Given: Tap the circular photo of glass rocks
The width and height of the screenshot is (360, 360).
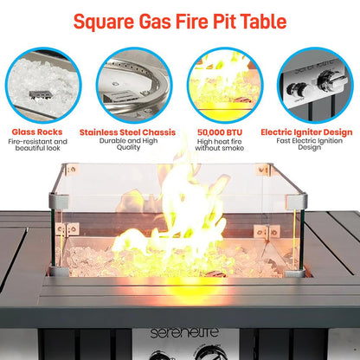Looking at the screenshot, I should point(42,85).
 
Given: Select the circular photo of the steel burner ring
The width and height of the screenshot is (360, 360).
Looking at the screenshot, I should point(132,85).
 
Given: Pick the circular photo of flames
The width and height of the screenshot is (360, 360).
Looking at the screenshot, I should point(225,85).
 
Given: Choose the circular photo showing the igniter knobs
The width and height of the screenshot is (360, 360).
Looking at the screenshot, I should point(315,85).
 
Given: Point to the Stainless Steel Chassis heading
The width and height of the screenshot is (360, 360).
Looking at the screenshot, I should point(132,132).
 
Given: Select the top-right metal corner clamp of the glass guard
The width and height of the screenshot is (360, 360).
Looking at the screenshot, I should point(300,202).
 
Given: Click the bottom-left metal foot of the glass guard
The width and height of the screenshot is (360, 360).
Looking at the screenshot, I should point(58,270).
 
